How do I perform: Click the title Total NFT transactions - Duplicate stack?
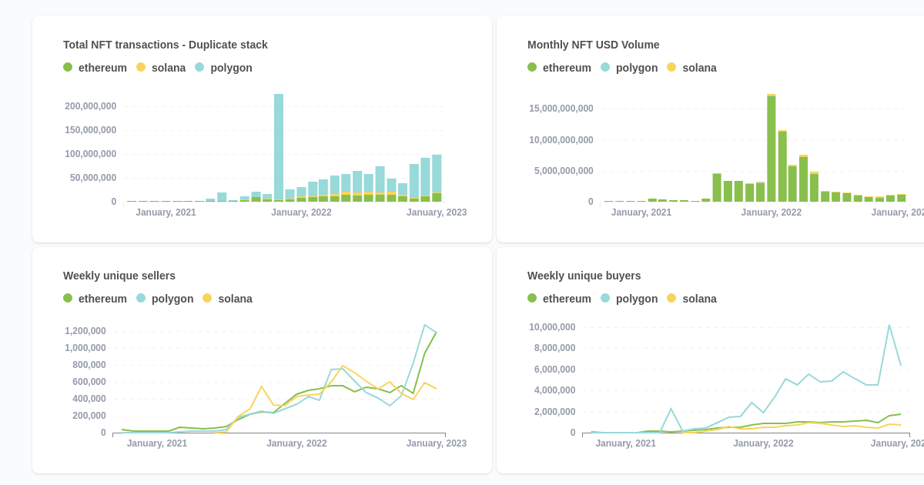pos(166,45)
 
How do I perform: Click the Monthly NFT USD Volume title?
pos(593,45)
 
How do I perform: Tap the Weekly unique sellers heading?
pos(119,276)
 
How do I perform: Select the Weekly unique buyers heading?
pos(584,276)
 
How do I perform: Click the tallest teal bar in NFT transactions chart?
pos(279,146)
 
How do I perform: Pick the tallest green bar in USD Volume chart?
pos(771,148)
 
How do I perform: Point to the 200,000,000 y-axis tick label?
pos(91,106)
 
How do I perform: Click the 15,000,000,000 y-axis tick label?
pos(561,109)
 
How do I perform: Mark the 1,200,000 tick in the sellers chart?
pos(85,331)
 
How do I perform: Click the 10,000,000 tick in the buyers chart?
pos(552,327)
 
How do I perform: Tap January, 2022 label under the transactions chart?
pos(301,212)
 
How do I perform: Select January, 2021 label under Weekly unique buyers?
pos(625,443)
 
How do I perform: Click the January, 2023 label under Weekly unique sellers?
pos(436,443)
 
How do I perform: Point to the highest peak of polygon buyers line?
pos(889,326)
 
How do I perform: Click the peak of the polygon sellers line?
pos(424,325)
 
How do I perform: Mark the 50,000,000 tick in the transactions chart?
pos(93,178)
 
